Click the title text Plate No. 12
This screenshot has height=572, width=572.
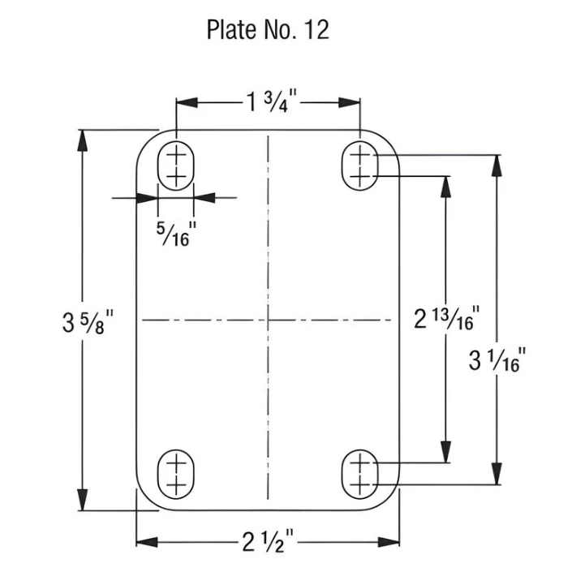[x=268, y=29]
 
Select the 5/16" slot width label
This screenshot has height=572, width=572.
[x=176, y=234]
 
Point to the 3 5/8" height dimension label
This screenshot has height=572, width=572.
[x=88, y=321]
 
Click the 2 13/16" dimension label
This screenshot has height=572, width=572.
[x=446, y=318]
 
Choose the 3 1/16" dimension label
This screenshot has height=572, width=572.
[x=497, y=360]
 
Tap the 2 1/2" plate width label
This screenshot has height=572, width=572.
[x=268, y=541]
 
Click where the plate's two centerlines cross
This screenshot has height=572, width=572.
[x=268, y=320]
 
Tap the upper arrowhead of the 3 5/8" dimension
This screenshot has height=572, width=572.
[x=83, y=140]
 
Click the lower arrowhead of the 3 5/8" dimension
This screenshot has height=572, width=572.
[x=83, y=500]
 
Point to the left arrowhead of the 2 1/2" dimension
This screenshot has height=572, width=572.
[x=147, y=542]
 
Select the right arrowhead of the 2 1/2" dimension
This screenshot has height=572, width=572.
[x=389, y=542]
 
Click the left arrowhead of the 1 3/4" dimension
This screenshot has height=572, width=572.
[x=187, y=102]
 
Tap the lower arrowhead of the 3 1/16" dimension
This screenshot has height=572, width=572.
[x=497, y=474]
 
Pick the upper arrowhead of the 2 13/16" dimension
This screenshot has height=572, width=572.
[x=445, y=187]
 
